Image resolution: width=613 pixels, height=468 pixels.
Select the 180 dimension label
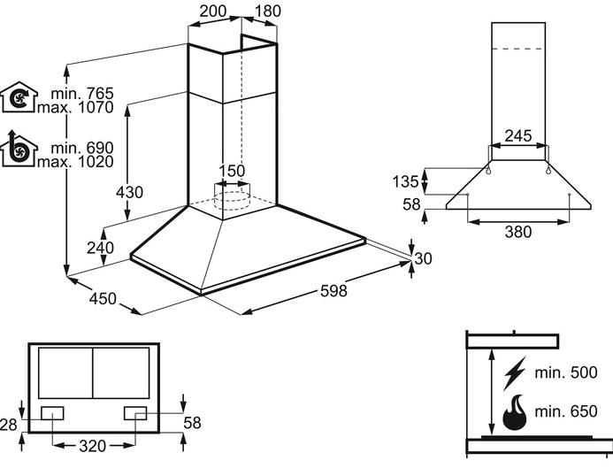[x=269, y=12]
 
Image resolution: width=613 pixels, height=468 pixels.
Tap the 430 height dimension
[x=129, y=193]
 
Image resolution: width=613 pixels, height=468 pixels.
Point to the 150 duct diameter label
[x=232, y=171]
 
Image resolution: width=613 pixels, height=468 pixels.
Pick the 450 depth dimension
[x=103, y=299]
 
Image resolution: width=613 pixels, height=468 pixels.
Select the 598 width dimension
[x=333, y=291]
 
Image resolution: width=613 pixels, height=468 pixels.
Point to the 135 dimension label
[x=404, y=182]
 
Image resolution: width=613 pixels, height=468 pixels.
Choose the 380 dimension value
[x=517, y=233]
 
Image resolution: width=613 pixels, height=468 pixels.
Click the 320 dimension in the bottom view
[x=94, y=445]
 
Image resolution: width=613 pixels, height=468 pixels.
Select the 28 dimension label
[x=9, y=426]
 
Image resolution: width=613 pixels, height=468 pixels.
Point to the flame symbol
[x=513, y=413]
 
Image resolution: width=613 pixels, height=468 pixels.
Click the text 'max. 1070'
[x=75, y=108]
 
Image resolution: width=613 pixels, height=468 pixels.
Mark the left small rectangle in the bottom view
[x=52, y=412]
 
